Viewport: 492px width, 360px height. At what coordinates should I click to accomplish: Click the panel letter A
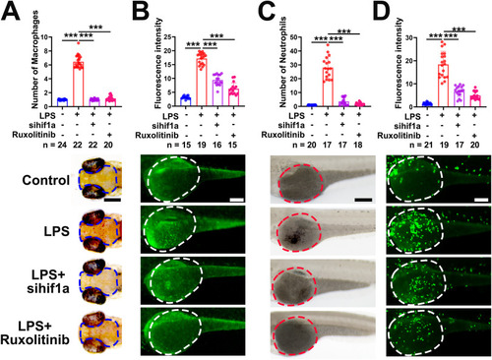11,12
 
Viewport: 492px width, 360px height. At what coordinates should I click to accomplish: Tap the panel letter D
381,12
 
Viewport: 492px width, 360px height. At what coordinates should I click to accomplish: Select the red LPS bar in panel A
78,84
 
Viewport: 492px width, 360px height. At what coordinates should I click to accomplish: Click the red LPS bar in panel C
328,87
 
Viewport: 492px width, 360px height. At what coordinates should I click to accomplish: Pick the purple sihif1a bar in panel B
216,92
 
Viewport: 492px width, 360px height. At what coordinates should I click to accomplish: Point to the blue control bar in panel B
186,101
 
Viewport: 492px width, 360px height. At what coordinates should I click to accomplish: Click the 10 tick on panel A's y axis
44,37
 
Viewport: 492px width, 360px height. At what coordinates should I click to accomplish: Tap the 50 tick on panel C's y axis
294,37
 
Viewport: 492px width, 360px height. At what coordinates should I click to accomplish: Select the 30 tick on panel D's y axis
408,37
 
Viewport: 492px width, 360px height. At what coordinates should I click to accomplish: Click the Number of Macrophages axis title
34,60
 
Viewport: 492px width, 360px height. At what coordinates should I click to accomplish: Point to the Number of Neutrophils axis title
282,62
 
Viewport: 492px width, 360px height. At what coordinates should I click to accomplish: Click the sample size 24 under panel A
62,145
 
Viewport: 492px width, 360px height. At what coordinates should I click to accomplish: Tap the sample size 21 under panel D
428,145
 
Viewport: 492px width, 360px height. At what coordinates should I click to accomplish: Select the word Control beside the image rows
46,180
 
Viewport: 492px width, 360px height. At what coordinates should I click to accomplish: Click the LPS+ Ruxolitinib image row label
34,332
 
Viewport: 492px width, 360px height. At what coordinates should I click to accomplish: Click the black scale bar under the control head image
113,200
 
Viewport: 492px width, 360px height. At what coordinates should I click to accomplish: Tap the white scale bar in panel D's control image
481,200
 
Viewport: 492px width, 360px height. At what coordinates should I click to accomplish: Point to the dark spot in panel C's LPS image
293,240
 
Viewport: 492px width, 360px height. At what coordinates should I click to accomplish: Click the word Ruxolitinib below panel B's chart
156,135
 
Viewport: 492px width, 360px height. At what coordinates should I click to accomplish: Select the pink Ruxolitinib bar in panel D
475,101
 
